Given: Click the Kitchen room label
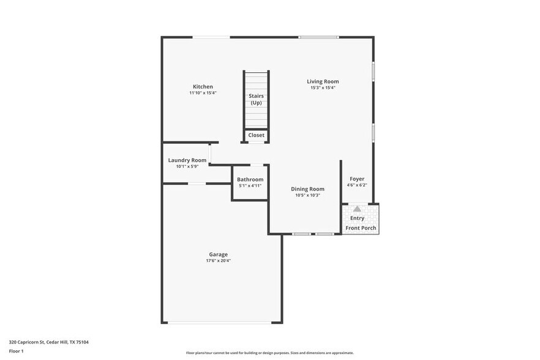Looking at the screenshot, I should [203, 86].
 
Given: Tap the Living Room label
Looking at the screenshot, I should [323, 81].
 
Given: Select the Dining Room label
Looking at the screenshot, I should [307, 189].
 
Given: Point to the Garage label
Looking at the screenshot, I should [218, 254].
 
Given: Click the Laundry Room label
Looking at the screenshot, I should [187, 160].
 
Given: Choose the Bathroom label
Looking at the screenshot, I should [250, 179].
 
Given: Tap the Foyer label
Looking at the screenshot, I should [357, 179].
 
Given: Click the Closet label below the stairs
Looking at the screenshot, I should [257, 135].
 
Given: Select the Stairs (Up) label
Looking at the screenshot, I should [256, 99].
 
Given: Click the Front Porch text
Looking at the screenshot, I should [361, 228].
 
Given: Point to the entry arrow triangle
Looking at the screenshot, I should [357, 209].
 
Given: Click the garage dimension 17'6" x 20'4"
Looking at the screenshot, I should [218, 261].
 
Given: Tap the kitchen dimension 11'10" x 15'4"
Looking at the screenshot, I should [203, 93].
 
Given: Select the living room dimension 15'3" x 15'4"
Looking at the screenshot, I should [323, 88].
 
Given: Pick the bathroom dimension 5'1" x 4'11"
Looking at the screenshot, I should [250, 186].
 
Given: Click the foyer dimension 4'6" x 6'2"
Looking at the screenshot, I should [357, 185].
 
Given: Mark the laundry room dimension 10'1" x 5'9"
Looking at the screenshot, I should [187, 167].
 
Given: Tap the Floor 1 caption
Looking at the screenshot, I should [17, 351].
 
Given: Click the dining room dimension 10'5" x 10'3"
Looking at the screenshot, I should [307, 195].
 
